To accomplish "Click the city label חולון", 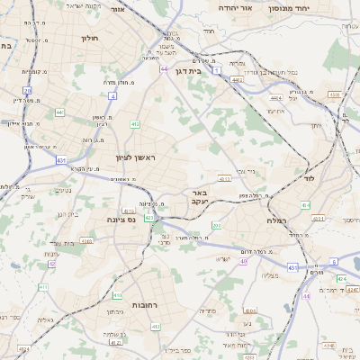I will click(88, 39).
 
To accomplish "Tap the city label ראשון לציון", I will click(136, 157).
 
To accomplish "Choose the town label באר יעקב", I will click(200, 197).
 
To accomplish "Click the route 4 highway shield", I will click(112, 94).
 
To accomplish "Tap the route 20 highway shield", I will click(28, 91).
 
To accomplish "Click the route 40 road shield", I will click(243, 261).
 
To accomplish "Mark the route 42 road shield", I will click(52, 264).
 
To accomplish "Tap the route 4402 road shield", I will click(237, 79).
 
